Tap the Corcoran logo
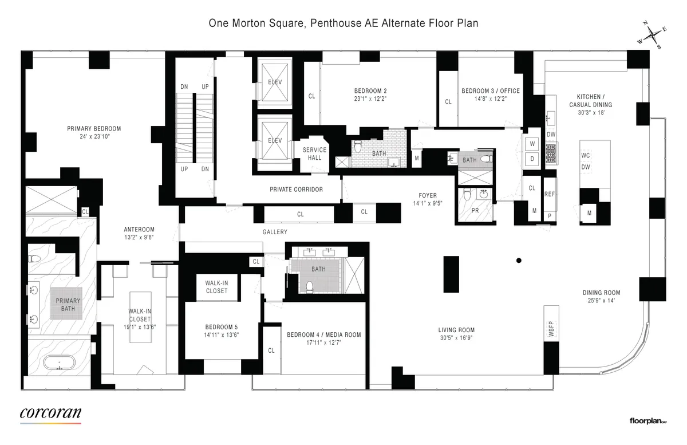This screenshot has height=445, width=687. click(50, 414)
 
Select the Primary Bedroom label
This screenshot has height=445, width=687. click(94, 129)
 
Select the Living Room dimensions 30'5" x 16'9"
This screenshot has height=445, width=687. click(456, 338)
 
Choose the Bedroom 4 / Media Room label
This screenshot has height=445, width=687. click(323, 334)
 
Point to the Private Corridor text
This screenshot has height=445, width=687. click(296, 189)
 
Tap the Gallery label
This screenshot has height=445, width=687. click(275, 231)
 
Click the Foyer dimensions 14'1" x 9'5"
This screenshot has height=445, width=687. click(428, 203)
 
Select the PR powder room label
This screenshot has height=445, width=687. click(474, 210)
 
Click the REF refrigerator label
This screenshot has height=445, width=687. click(550, 195)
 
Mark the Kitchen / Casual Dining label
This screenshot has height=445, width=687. click(590, 101)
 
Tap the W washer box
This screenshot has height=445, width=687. click(532, 143)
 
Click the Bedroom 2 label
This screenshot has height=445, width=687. click(370, 90)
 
